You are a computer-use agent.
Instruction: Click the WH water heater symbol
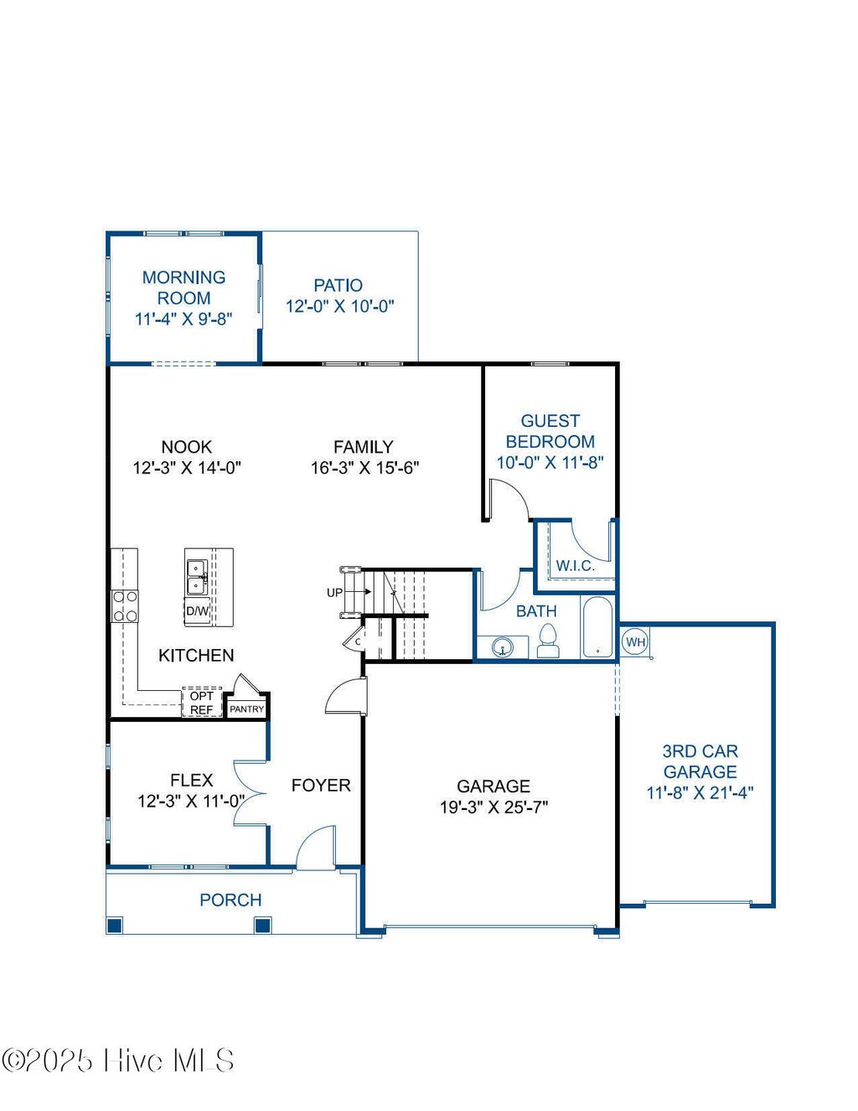click(635, 642)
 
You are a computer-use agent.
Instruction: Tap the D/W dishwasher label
click(197, 610)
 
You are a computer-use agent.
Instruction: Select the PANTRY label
click(246, 709)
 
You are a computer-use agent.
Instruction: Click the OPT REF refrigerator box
click(201, 703)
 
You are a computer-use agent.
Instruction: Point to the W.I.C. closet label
click(575, 566)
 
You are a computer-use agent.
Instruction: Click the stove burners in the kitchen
click(125, 606)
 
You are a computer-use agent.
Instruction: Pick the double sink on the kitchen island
click(197, 575)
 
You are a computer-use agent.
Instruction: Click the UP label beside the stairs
click(334, 592)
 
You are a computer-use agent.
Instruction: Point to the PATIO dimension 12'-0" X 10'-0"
click(339, 307)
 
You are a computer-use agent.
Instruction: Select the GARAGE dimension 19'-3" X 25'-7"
click(494, 807)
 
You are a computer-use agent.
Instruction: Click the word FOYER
click(321, 786)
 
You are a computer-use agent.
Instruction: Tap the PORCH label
click(230, 900)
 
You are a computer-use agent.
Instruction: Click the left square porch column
click(115, 926)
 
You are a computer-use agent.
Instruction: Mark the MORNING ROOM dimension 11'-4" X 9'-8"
click(183, 319)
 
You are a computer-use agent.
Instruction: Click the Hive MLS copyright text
click(118, 1062)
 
